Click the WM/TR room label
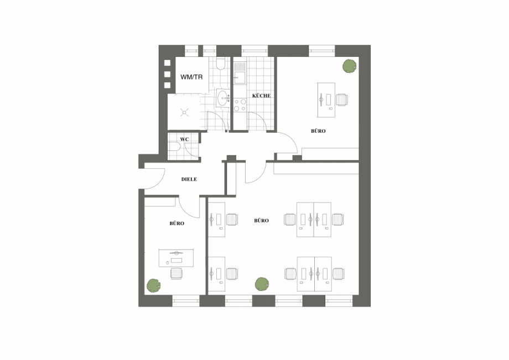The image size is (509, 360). pos(191,77)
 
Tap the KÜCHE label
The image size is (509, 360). pos(261,96)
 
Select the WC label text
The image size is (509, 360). pos(184,139)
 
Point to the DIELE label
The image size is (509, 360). pos(189,179)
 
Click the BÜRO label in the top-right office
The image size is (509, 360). pos(318,131)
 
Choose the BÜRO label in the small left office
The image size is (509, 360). pos(177,223)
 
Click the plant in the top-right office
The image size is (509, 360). pos(349,66)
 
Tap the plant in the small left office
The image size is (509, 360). pos(153,285)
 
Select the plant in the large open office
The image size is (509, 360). pos(262,284)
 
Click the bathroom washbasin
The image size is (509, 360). pos(224,97)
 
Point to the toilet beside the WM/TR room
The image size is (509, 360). pos(220,64)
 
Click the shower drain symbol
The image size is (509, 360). pos(184,113)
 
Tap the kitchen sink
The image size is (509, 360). pos(240,78)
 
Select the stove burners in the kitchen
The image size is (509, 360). pos(240,105)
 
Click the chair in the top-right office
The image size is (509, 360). pos(342,100)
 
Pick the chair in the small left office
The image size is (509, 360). pos(176,273)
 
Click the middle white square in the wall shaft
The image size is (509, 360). pos(168,74)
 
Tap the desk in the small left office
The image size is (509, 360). pos(176,258)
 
